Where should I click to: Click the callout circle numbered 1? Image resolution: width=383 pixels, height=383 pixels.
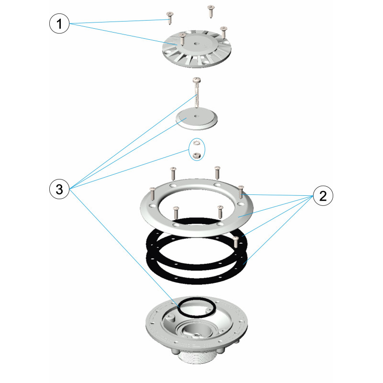coord(59,23)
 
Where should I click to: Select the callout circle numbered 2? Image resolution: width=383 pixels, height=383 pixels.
coord(323,196)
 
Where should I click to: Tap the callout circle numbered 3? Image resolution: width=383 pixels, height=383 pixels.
coord(59,189)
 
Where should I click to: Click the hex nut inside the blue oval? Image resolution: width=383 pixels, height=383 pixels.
coord(197,155)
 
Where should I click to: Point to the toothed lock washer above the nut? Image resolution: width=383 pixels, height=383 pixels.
coord(196,143)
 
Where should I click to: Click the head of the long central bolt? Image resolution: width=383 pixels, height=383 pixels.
coord(197,79)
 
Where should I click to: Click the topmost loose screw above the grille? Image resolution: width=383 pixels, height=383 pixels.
coord(211,11)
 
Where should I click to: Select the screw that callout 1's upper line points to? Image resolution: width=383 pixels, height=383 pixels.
coord(169,18)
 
